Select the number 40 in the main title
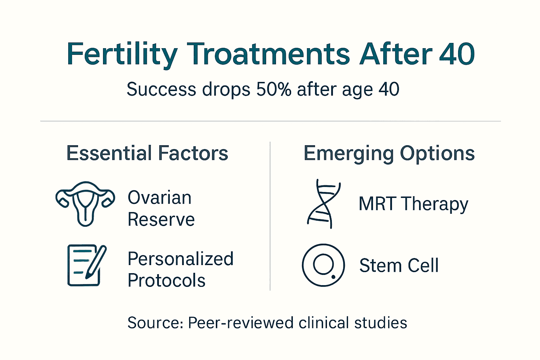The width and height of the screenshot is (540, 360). (457, 54)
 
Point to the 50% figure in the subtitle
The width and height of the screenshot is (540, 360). (274, 89)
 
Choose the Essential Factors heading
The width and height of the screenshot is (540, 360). (147, 153)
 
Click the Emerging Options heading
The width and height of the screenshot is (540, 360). (389, 153)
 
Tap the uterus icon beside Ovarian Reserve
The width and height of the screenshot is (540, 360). (85, 204)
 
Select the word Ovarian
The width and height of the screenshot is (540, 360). (160, 198)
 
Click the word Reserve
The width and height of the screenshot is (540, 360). (161, 220)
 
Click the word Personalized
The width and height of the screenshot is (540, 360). (180, 259)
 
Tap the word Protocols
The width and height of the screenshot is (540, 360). (166, 281)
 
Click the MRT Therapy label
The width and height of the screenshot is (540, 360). (413, 204)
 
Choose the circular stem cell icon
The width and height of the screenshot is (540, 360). (323, 265)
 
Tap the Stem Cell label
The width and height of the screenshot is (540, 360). (399, 265)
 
